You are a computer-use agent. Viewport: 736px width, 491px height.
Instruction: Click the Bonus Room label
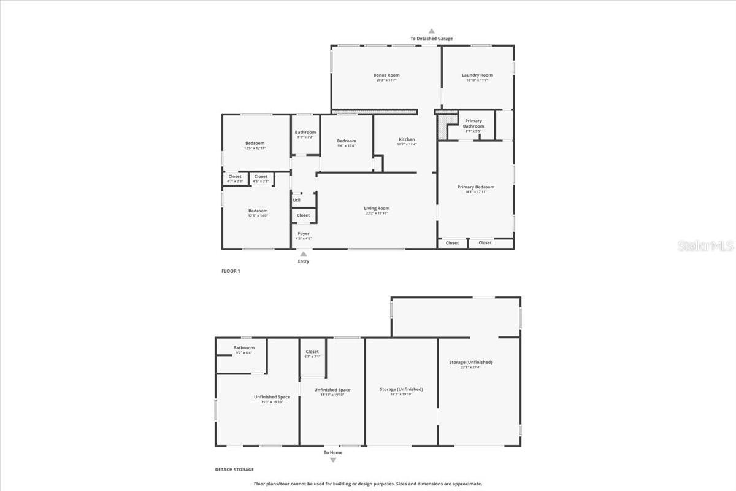click(x=386, y=75)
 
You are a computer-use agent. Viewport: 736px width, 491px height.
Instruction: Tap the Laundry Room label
click(x=477, y=75)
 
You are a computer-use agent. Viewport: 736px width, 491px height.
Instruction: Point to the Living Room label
click(x=377, y=208)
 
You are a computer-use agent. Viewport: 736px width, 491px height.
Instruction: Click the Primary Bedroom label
click(x=475, y=187)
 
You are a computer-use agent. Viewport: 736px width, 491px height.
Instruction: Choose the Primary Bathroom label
click(x=473, y=123)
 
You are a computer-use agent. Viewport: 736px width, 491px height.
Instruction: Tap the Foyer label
click(x=304, y=233)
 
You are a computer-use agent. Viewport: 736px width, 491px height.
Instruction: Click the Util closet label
click(x=296, y=200)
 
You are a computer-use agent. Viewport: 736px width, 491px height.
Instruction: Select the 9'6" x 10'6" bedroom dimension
click(x=347, y=146)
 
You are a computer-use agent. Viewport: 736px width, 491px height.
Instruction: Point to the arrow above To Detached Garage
click(x=431, y=31)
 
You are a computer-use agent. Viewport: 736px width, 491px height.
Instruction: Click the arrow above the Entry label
click(x=303, y=253)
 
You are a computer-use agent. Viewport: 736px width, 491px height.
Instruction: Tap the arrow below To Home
click(x=333, y=460)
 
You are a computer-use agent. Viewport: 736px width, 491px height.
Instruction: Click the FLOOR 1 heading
click(x=231, y=271)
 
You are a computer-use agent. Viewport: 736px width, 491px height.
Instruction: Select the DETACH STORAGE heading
click(x=234, y=470)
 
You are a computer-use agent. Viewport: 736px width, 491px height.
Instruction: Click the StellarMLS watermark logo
click(x=705, y=246)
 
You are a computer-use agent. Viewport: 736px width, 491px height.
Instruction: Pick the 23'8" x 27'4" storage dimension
click(x=470, y=368)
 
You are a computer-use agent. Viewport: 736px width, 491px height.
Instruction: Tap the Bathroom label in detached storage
click(x=243, y=348)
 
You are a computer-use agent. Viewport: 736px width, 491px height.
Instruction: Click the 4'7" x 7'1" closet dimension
click(x=312, y=357)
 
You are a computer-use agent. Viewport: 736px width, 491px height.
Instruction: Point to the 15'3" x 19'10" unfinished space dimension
click(x=272, y=402)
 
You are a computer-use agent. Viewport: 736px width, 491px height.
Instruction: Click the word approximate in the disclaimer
click(x=467, y=484)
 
